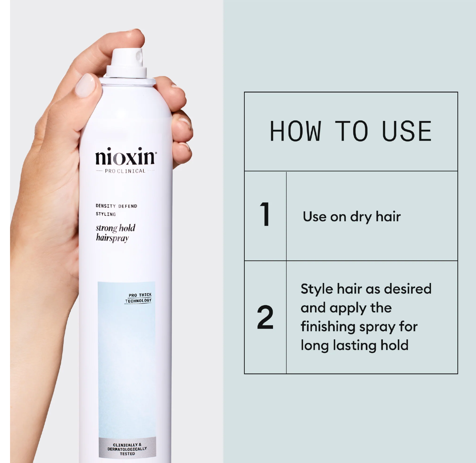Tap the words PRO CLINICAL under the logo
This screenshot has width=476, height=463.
click(125, 171)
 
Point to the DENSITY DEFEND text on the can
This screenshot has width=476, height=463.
click(117, 206)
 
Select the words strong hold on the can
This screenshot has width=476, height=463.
click(116, 228)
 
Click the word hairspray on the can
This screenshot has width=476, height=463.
click(113, 238)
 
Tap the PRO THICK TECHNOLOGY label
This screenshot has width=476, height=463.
click(138, 298)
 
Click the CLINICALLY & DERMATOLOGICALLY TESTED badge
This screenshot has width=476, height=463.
click(127, 449)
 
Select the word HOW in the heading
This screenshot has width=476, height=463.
click(296, 131)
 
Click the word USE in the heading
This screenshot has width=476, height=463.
click(407, 131)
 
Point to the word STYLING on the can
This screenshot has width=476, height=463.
click(106, 214)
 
